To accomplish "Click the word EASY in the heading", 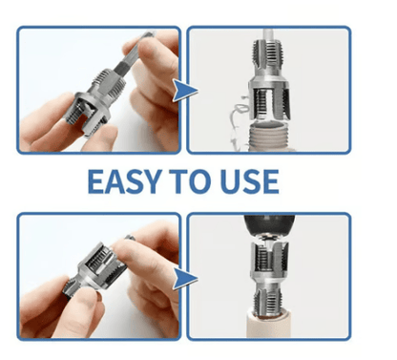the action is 123,181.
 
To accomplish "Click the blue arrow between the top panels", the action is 185,91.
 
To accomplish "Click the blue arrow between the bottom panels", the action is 185,279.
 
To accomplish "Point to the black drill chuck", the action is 269,225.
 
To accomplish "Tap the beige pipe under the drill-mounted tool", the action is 270,325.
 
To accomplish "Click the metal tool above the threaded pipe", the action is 269,79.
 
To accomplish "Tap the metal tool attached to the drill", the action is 270,277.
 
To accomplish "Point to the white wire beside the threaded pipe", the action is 239,122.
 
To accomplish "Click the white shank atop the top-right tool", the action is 268,34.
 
